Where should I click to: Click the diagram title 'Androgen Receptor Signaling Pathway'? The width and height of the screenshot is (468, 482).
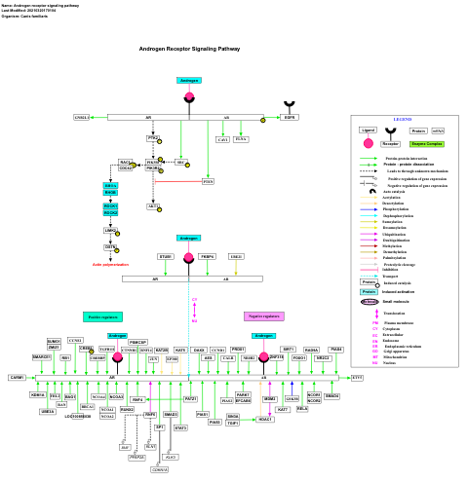(189, 49)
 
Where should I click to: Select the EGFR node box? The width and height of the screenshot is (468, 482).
(290, 117)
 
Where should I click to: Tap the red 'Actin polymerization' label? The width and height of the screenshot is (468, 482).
(110, 264)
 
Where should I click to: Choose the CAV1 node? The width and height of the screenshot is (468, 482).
(222, 140)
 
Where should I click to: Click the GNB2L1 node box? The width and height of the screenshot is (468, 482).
(82, 117)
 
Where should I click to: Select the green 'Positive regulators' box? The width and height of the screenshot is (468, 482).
(102, 316)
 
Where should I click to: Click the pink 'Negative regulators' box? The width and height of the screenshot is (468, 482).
(263, 316)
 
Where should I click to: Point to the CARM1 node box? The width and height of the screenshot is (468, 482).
(17, 377)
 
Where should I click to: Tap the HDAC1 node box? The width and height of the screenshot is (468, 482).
(264, 419)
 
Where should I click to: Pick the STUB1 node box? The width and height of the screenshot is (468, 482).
(166, 256)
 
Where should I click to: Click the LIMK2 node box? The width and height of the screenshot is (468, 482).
(110, 231)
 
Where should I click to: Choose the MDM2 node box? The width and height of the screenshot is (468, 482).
(269, 399)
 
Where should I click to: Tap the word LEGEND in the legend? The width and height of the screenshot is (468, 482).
(402, 119)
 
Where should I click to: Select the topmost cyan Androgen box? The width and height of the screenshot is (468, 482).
(189, 80)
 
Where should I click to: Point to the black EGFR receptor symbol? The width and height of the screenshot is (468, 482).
(290, 104)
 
